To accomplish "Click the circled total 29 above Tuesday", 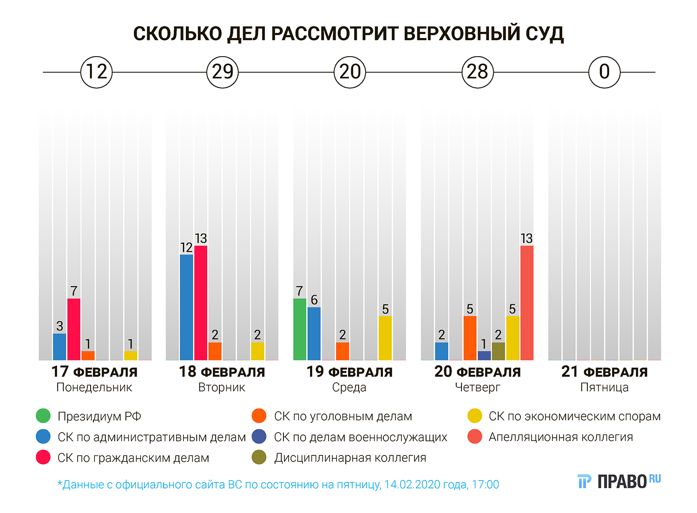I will pos(222,72).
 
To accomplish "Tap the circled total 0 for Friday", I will pos(604,72).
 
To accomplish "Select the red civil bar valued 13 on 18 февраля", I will pos(201,303).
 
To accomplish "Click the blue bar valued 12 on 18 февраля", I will pos(186,307).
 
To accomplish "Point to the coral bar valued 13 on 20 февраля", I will pos(526,303).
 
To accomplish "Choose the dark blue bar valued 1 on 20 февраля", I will pos(484,355).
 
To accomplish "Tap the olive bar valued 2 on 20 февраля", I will pos(498,351).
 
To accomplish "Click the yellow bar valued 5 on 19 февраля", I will pos(385,338).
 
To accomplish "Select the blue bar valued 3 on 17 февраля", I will pos(59,347).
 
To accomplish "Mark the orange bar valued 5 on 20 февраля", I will pos(470,338).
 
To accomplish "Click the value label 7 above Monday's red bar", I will pos(73,291).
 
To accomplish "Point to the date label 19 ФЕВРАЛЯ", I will pos(349,372).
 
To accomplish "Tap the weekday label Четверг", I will pos(477,388).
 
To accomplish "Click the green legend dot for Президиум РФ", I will pos(43,416).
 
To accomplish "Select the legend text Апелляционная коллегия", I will pos(560,437).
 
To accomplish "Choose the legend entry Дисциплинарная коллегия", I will pos(350,458).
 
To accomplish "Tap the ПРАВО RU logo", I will pos(619,481).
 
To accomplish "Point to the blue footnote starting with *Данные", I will pos(278,485).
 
